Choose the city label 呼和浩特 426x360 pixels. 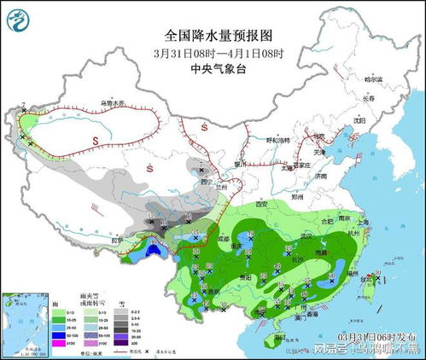point(278,139)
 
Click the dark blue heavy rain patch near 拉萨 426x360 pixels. point(155,252)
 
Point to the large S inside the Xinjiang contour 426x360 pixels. point(96,139)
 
